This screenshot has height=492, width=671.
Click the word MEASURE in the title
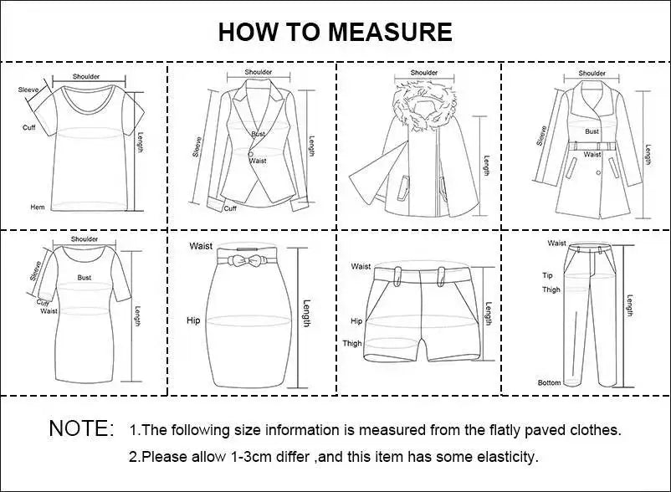(390, 32)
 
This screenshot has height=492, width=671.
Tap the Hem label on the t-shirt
(37, 207)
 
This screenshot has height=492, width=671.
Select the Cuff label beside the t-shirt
(28, 127)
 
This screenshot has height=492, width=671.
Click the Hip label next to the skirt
(193, 320)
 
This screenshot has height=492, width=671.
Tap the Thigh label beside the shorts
(352, 343)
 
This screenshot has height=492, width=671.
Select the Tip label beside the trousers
(547, 275)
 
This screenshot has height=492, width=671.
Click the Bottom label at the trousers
(550, 382)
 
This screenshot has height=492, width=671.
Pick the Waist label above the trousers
(556, 243)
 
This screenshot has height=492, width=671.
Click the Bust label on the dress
(85, 277)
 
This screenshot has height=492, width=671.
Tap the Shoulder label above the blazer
(259, 72)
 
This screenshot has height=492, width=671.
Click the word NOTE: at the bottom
(81, 429)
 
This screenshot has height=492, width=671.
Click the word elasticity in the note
(505, 457)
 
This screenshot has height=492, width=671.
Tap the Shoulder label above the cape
(424, 73)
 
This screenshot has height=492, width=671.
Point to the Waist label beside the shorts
(361, 266)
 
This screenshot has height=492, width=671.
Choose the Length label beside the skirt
(307, 314)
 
